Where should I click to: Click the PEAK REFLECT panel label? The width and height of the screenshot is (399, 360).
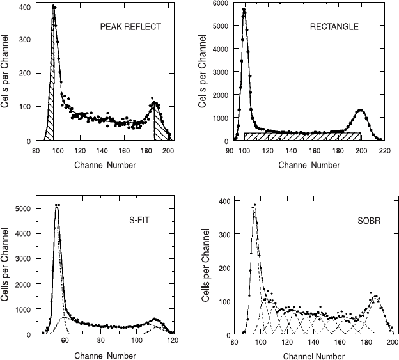[130, 27]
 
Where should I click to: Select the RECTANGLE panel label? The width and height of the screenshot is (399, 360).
[334, 27]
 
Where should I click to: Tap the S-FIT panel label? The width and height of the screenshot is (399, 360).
[139, 220]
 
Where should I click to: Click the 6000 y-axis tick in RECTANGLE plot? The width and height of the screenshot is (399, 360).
[221, 3]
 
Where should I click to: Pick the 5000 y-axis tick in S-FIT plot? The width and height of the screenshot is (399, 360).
[23, 208]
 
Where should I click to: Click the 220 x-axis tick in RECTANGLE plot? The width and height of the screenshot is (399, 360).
[384, 151]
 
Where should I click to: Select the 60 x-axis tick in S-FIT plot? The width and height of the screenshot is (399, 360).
[65, 340]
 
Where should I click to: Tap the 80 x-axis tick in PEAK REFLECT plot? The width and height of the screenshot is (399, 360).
[36, 151]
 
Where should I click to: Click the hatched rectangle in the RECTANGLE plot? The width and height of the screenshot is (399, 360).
[302, 136]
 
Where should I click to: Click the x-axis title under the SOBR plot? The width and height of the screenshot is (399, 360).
[314, 356]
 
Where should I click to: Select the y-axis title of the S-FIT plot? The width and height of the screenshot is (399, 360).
[5, 265]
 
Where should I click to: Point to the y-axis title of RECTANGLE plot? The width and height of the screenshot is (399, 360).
[202, 71]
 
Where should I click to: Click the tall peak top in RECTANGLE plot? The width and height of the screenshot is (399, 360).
[244, 9]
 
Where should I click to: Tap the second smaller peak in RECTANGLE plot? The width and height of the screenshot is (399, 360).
[361, 110]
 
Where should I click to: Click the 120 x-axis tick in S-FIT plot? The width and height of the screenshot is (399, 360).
[173, 340]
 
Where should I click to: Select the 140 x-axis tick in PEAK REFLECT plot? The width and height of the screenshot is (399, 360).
[102, 151]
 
